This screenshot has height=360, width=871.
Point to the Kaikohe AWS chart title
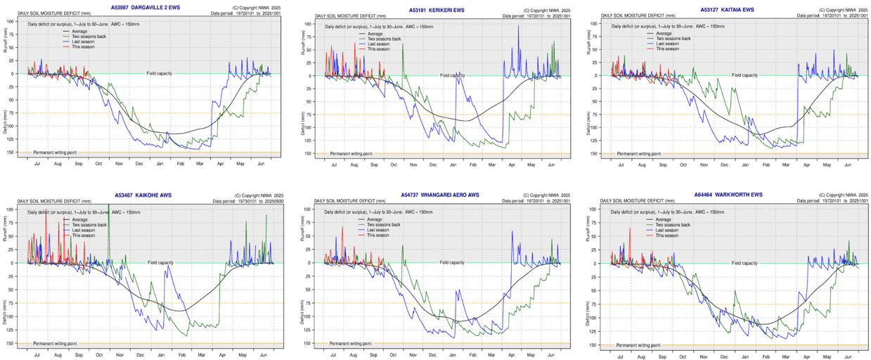point(142,195)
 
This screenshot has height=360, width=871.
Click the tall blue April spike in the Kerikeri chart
point(519,28)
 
